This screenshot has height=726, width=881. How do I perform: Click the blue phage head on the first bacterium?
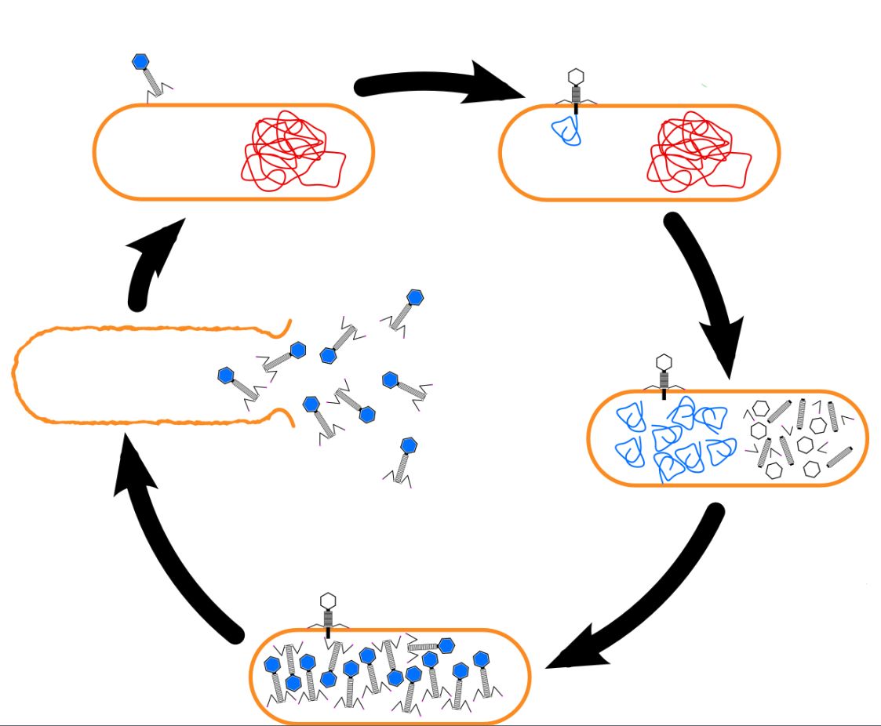point(141,62)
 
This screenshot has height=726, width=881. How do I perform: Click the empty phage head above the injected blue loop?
point(577,77)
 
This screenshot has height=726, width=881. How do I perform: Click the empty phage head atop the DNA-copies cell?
point(664,362)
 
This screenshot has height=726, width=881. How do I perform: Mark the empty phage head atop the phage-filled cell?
point(329,601)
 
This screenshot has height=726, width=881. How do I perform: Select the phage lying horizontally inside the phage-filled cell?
point(428,645)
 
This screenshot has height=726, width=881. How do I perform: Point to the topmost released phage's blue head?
point(415,297)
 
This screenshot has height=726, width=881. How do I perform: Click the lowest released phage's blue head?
point(409,445)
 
